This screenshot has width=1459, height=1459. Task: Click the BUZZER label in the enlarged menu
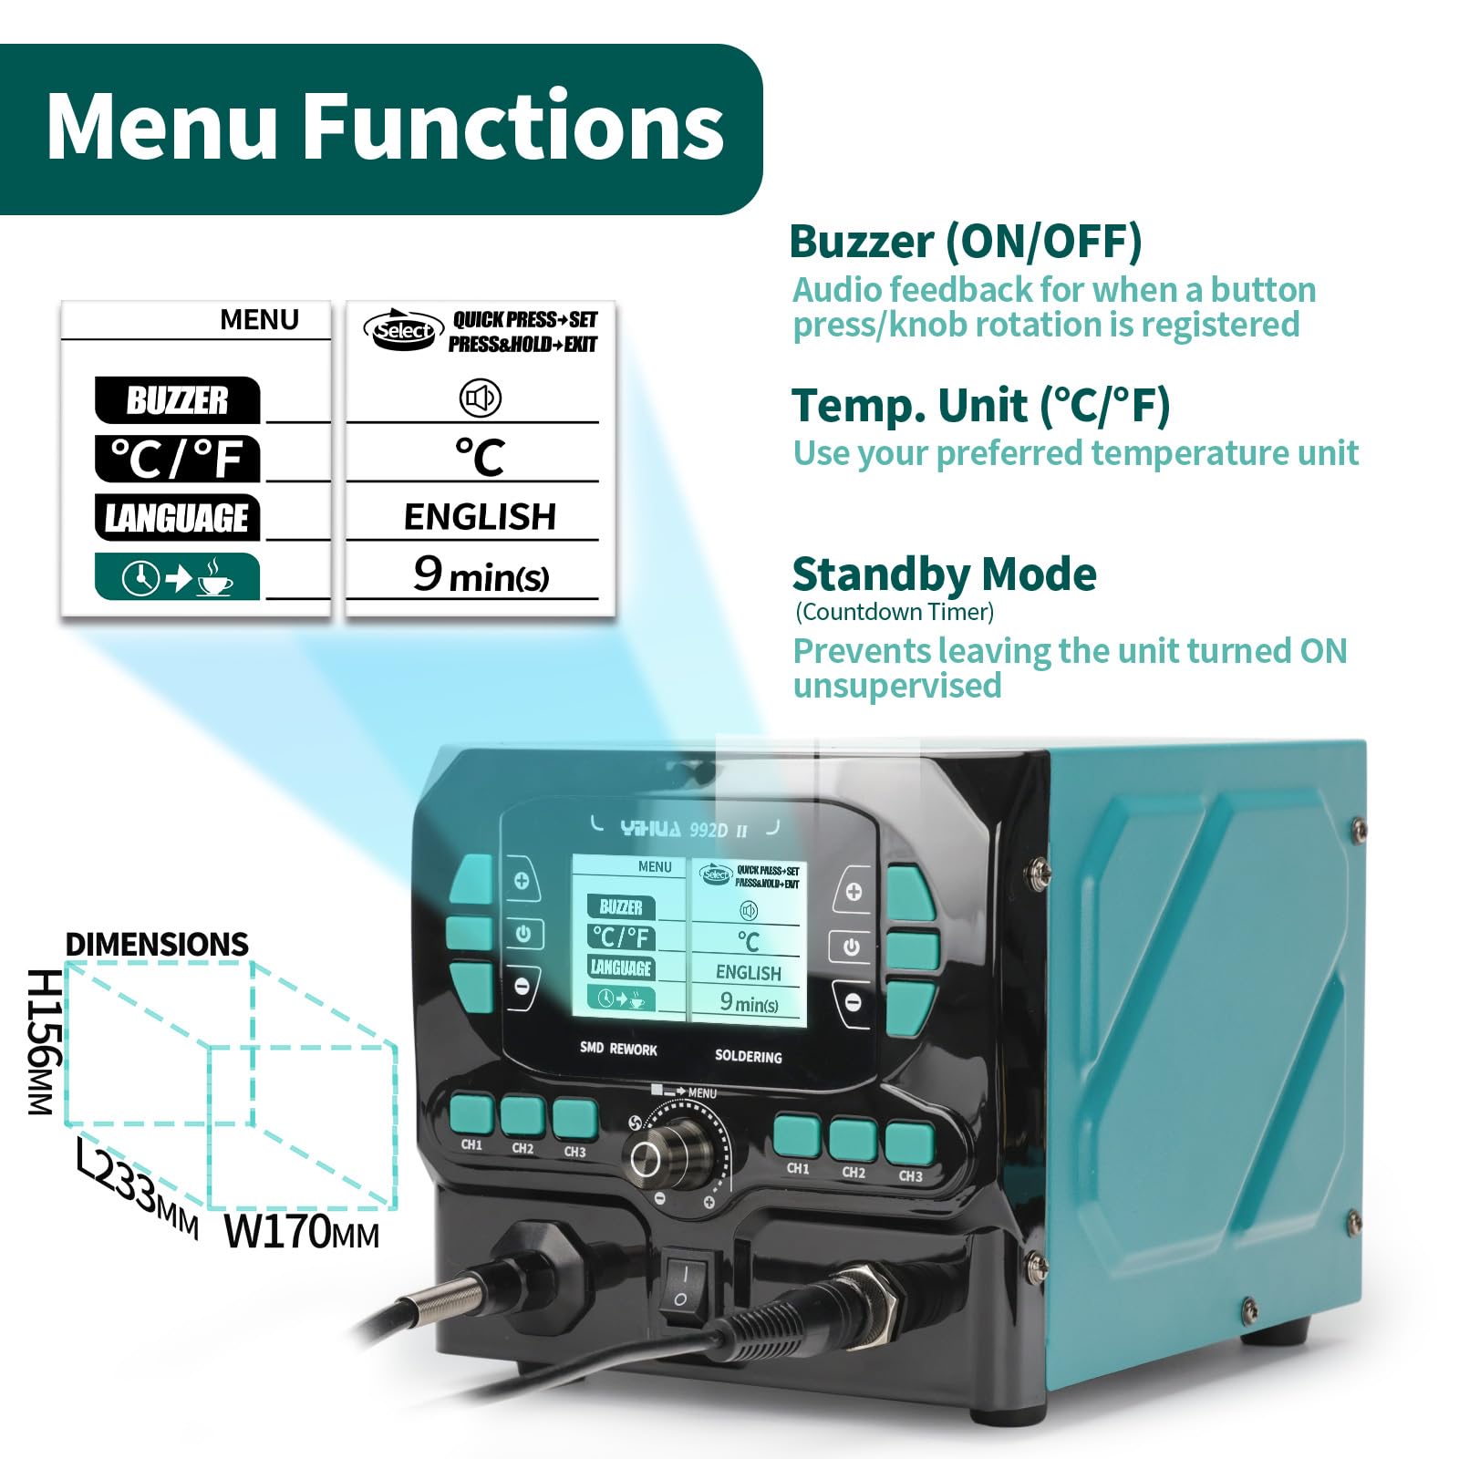[177, 400]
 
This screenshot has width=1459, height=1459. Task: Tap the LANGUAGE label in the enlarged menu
[177, 518]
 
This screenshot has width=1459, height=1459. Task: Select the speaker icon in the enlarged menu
[481, 398]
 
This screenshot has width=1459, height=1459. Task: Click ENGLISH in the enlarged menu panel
[480, 517]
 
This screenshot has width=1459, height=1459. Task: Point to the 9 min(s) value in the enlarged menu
[481, 574]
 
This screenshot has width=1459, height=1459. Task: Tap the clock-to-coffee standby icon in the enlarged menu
[177, 577]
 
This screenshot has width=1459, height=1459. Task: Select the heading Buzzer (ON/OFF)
[966, 242]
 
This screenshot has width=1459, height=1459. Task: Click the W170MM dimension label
[302, 1231]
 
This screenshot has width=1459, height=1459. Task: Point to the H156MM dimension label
[45, 1041]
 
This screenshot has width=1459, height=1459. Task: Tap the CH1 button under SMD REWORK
[471, 1115]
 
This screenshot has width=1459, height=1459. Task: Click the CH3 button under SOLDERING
[909, 1144]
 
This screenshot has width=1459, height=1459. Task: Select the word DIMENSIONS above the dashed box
[157, 944]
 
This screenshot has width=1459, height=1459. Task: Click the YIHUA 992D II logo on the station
[684, 829]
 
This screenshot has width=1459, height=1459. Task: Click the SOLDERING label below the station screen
[748, 1056]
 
